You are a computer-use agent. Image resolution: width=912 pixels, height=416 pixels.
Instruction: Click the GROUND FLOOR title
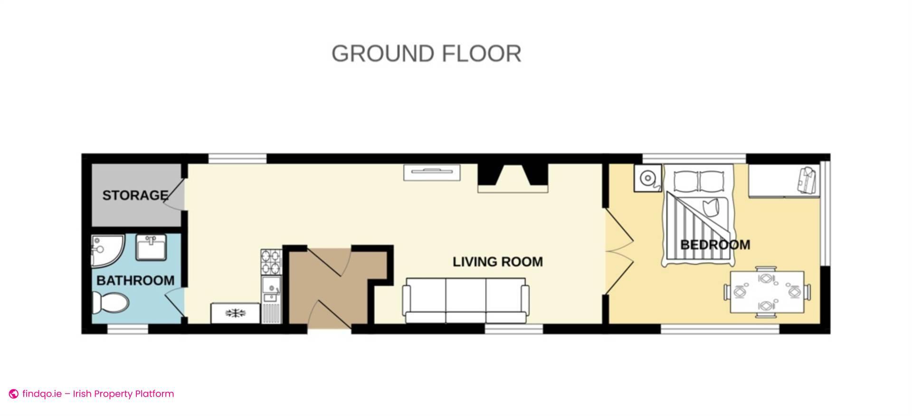click(x=426, y=54)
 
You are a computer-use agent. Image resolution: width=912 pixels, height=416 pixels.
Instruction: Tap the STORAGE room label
click(x=135, y=195)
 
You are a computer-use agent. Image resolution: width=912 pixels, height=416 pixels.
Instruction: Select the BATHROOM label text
click(x=135, y=280)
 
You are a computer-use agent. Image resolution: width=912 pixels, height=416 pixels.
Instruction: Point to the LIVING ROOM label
click(x=497, y=262)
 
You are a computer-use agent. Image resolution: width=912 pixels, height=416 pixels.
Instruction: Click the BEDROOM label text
click(x=715, y=245)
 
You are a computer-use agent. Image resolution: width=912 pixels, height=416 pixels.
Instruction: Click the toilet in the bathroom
click(x=110, y=302)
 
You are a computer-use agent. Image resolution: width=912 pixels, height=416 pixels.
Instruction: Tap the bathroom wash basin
click(x=151, y=247)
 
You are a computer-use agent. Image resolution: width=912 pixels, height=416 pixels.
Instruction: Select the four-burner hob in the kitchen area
click(x=271, y=262)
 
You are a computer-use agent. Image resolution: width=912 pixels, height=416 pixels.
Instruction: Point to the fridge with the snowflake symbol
click(x=235, y=313)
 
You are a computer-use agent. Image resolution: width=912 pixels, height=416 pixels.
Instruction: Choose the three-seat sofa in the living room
click(x=465, y=301)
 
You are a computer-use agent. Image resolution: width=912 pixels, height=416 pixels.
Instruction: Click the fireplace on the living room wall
click(x=513, y=178)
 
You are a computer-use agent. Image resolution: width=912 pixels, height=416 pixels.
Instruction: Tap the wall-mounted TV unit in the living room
click(x=432, y=172)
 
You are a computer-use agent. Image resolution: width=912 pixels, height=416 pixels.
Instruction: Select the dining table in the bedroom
click(x=767, y=292)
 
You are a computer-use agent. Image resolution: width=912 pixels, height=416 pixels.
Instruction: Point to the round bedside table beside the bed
click(x=647, y=178)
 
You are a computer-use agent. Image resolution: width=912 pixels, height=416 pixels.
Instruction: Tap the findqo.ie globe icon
click(x=14, y=394)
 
